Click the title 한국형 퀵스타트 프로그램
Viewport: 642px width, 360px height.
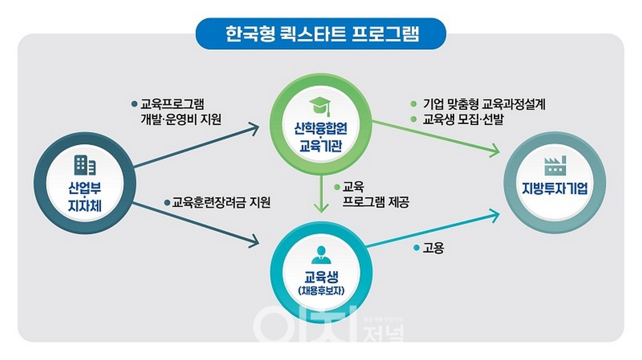[321, 34]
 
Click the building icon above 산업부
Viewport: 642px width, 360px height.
[85, 165]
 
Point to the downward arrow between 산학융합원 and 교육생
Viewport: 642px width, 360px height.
[321, 193]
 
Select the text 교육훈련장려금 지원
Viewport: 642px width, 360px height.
[221, 203]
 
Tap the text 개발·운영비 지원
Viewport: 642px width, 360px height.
[181, 120]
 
